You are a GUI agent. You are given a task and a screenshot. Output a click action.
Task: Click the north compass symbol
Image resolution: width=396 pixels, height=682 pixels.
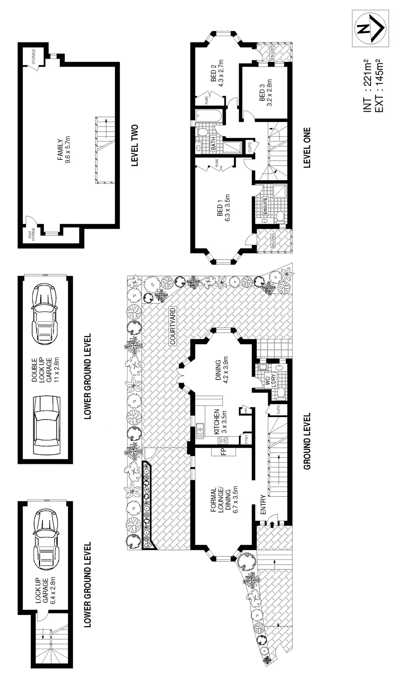click(370, 29)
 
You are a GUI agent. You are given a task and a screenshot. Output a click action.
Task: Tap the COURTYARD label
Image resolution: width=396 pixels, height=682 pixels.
click(173, 326)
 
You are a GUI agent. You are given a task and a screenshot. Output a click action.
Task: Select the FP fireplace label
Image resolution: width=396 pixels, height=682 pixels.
click(223, 451)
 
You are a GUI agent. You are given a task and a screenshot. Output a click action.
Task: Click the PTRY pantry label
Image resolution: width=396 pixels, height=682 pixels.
click(246, 439)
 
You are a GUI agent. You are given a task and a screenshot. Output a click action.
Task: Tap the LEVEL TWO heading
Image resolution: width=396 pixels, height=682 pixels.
click(135, 146)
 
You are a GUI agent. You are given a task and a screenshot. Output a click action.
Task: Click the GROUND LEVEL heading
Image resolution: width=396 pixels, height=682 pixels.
click(307, 441)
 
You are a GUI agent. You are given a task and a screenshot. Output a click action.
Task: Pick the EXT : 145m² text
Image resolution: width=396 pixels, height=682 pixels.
click(379, 86)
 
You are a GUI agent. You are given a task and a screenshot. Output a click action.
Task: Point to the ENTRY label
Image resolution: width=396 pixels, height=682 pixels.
click(263, 505)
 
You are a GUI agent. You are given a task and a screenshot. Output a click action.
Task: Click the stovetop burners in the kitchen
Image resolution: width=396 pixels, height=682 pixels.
click(222, 440)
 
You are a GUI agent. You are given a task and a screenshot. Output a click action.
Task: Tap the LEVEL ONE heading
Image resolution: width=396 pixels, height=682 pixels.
click(307, 148)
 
